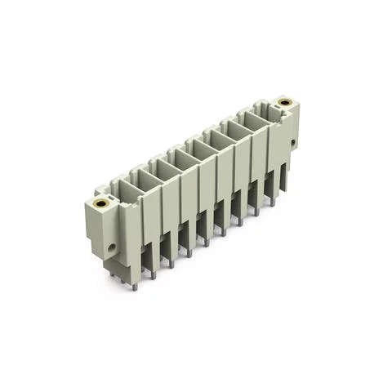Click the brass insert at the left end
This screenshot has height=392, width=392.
[100, 203]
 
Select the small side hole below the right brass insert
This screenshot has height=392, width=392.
[291, 144]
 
